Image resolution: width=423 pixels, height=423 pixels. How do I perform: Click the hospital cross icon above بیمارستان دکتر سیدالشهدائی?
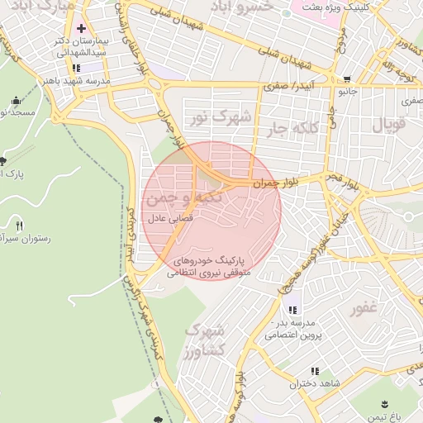pos(80,28)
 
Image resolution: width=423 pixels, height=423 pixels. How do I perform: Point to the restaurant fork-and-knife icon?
pos(19,226)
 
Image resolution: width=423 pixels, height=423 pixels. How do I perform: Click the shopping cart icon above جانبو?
pos(345,81)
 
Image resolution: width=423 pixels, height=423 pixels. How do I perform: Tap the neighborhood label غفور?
pos(364,309)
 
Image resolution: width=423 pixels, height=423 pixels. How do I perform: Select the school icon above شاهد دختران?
pos(314,372)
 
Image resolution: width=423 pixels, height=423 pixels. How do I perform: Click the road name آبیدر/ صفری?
pos(284,85)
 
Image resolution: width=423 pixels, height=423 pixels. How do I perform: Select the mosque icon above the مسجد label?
pos(16,101)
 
